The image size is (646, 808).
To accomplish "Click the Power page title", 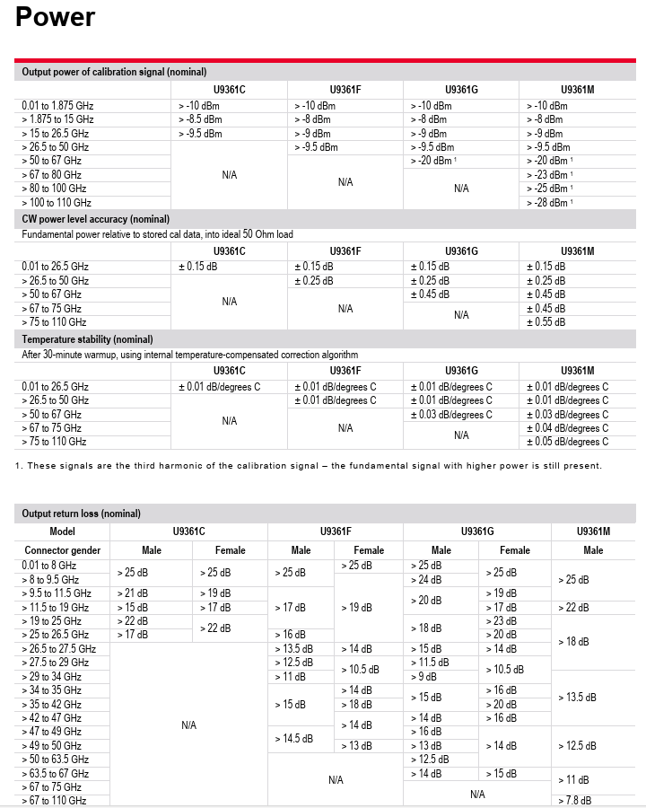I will [56, 16].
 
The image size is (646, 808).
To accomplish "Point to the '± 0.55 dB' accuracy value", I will [546, 321].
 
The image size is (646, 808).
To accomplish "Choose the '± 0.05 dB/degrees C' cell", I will [566, 442].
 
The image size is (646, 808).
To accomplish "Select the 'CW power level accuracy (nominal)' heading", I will [96, 219].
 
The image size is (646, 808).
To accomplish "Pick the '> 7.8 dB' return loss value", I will [574, 801].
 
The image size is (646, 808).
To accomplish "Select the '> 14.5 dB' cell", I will [293, 739].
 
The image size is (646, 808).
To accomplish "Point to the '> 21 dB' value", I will [132, 593].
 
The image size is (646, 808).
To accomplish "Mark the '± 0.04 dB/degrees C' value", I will [566, 428].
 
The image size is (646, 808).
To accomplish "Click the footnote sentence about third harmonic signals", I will [309, 465].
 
